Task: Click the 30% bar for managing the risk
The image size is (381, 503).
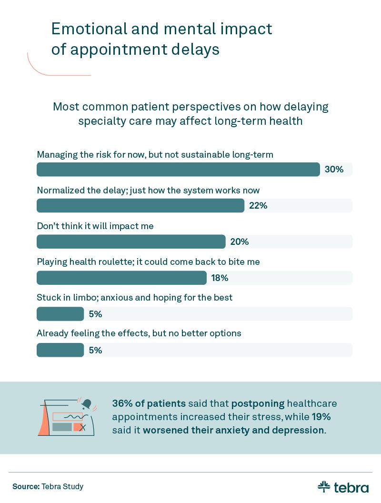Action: click(x=178, y=170)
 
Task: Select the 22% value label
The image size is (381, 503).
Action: click(x=258, y=206)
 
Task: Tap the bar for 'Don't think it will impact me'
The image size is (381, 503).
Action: click(x=131, y=242)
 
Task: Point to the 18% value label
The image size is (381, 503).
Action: click(x=220, y=278)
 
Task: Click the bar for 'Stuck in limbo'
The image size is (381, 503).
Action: click(x=60, y=314)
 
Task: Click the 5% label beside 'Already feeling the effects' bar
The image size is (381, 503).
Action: click(x=95, y=351)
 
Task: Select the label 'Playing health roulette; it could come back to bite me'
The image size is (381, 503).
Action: click(x=148, y=262)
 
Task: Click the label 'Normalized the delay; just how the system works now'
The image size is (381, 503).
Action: click(x=148, y=191)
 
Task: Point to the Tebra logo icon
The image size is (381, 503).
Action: click(x=324, y=487)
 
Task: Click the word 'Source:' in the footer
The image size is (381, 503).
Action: click(x=26, y=487)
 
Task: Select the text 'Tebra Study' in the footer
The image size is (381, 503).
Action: click(x=62, y=487)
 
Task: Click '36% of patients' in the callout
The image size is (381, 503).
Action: click(x=149, y=404)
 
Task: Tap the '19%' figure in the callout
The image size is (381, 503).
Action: click(x=321, y=417)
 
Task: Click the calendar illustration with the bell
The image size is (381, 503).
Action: click(x=68, y=417)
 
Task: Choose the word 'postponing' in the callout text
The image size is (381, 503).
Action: click(x=258, y=404)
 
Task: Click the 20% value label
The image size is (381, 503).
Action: click(x=240, y=242)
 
